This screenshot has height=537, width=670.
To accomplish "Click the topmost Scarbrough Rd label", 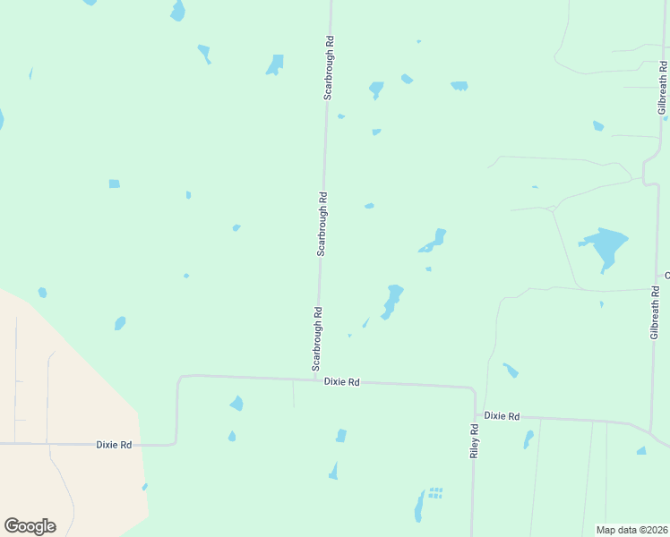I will point(330,67).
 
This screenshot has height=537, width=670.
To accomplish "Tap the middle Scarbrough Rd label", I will point(322,224).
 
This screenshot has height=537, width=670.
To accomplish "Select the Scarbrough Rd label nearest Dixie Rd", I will point(316,339).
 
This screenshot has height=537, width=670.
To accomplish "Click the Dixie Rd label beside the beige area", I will point(114,444).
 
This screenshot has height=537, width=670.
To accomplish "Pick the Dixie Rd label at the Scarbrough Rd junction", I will point(341,382).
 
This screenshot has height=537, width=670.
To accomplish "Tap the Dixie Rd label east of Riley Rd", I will point(502,416).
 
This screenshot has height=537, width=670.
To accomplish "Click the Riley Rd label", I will point(475,441).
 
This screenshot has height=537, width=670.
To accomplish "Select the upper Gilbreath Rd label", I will point(663,88).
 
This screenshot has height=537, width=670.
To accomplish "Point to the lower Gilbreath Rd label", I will point(656,311).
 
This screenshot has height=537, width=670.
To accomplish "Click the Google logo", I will point(30,526).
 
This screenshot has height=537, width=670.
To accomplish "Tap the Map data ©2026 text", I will point(631,530).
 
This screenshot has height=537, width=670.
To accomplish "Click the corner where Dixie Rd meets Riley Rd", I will point(472,390).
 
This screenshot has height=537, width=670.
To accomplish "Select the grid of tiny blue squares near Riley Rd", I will point(435,492).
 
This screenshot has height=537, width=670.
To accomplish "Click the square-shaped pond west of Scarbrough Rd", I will point(114,183).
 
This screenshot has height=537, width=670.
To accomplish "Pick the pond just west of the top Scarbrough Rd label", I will point(275,64).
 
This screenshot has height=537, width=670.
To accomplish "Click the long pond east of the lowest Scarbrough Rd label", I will point(391,300).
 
